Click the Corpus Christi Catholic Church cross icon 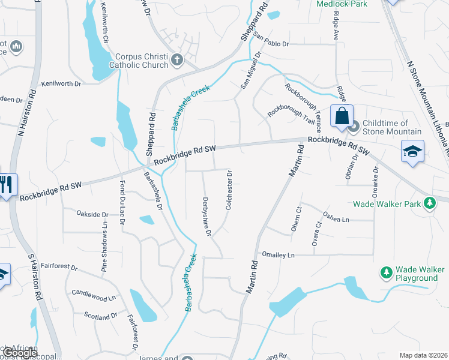pyautogui.click(x=176, y=59)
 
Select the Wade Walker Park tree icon pyautogui.click(x=429, y=204)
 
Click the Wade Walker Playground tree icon pyautogui.click(x=386, y=274)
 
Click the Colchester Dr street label pyautogui.click(x=229, y=190)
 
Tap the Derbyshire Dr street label pyautogui.click(x=206, y=216)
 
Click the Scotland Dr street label pyautogui.click(x=100, y=315)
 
